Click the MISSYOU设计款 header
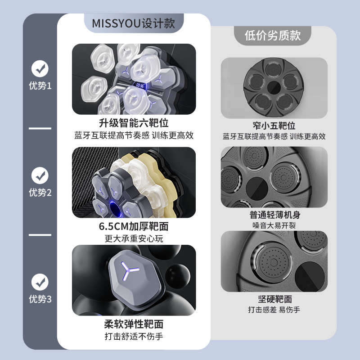[x=133, y=23]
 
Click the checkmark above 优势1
[x=40, y=68]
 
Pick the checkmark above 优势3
[x=40, y=282]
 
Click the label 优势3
[x=40, y=299]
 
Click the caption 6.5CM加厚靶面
[x=134, y=226]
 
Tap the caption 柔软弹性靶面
[x=134, y=324]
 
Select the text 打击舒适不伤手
[x=134, y=336]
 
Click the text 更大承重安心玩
[x=134, y=238]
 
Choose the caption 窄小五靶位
[x=274, y=125]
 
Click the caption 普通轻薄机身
[x=274, y=215]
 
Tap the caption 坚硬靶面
[x=274, y=299]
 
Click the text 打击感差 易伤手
[x=274, y=310]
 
